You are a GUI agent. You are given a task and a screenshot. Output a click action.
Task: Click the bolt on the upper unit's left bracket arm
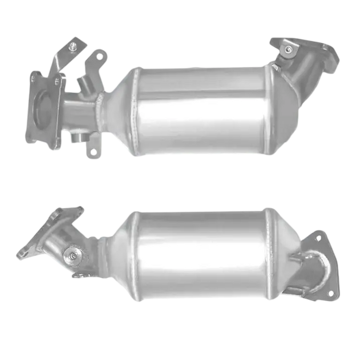coord(73,48)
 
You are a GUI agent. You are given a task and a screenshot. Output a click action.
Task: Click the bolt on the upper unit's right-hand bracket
coord(287,49)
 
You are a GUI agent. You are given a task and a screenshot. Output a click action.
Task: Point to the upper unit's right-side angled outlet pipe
coord(306,67)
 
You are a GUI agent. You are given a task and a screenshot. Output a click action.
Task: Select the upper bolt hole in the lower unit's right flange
coord(317,237)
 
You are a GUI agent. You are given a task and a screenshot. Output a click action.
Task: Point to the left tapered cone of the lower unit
coord(117,249)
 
